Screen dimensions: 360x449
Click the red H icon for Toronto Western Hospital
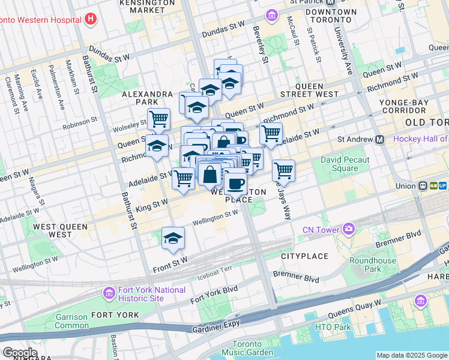click(x=91, y=19)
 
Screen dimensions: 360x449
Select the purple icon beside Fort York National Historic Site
click(x=109, y=293)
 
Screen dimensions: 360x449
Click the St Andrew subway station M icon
click(x=379, y=139)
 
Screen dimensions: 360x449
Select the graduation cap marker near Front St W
click(x=173, y=238)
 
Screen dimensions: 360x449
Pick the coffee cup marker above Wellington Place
click(x=235, y=182)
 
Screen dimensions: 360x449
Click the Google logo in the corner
click(x=19, y=353)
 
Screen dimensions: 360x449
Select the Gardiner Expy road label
click(x=214, y=326)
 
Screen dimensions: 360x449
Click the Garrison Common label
click(x=71, y=321)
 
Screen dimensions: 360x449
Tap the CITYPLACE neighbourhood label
click(x=305, y=256)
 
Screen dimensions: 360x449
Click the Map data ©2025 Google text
click(x=411, y=355)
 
